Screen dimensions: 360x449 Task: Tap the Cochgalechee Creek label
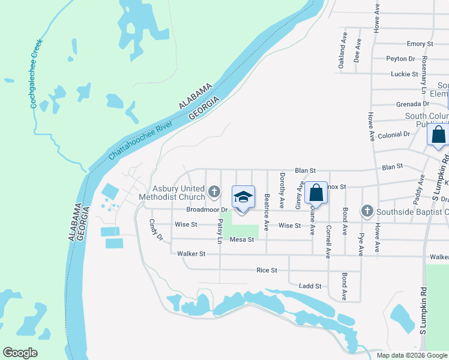point(35,75)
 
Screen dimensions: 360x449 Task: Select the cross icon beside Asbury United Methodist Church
point(214,192)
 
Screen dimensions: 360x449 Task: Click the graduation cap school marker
point(243,197)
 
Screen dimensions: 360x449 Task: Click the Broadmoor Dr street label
point(208,210)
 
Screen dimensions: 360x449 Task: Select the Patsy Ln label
point(220,231)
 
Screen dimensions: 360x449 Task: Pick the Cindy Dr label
point(155,229)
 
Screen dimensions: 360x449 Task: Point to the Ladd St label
point(311,286)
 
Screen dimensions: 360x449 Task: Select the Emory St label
point(420,44)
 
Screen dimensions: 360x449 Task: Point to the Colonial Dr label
point(394,134)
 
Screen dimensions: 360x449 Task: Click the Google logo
point(20,353)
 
